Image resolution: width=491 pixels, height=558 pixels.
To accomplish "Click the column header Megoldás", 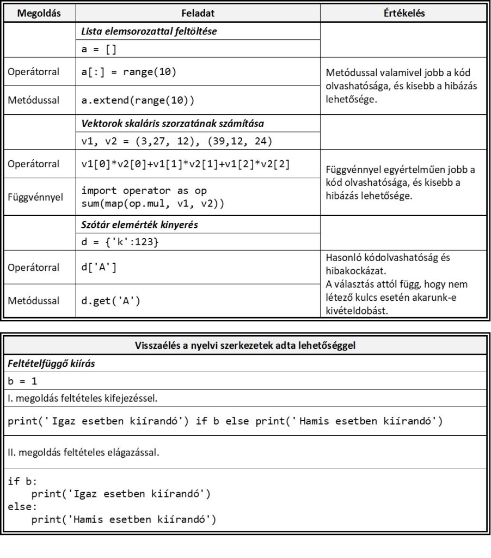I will [x=38, y=13].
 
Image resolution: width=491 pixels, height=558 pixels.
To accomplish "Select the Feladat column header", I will [x=198, y=13].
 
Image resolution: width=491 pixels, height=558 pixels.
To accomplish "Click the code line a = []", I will [x=100, y=49].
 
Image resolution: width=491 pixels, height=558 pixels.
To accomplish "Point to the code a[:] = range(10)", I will [x=129, y=72].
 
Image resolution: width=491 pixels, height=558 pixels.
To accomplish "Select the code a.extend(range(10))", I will [x=138, y=100].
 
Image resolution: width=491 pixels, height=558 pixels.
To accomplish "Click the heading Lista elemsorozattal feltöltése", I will [x=149, y=31].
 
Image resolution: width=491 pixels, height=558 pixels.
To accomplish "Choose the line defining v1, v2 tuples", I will [x=177, y=141].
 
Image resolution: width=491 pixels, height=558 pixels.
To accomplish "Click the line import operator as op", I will [x=144, y=191].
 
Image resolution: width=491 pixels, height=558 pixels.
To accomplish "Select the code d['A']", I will [x=99, y=268].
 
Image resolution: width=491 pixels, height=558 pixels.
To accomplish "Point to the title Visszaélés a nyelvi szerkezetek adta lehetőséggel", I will [x=245, y=344].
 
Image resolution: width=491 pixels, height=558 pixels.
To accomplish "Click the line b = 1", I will [x=23, y=380].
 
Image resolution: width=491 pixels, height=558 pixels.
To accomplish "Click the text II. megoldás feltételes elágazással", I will [x=84, y=452].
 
